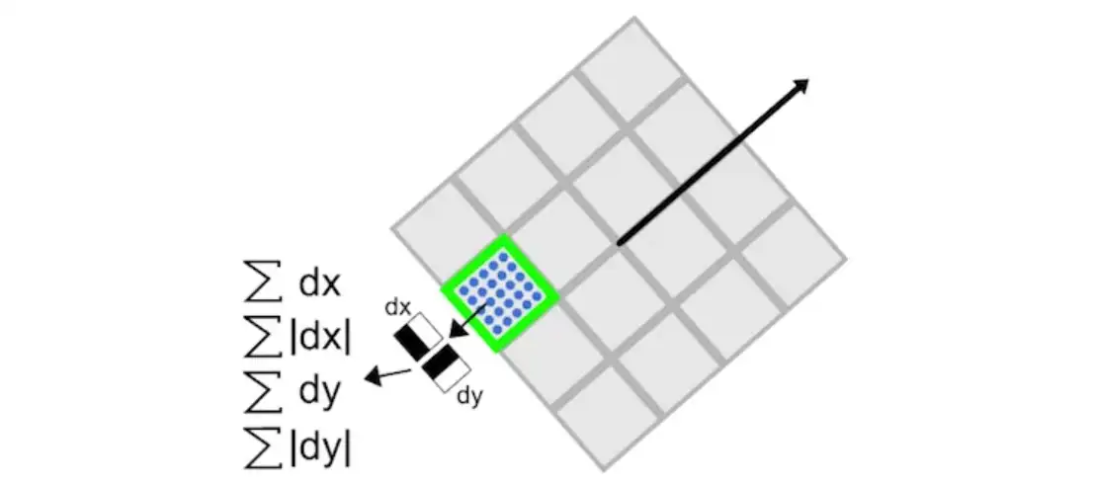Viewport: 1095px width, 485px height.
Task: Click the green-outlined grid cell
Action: [500, 292]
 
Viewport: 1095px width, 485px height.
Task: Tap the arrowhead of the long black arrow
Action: [801, 85]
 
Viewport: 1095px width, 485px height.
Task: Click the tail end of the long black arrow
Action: [619, 242]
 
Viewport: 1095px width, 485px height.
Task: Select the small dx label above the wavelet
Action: [398, 308]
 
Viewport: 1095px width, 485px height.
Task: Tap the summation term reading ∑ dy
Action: [293, 393]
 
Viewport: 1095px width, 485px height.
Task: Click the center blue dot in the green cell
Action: [500, 292]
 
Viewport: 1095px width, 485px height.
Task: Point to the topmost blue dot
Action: [507, 256]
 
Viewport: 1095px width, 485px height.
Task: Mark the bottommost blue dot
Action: [493, 330]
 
